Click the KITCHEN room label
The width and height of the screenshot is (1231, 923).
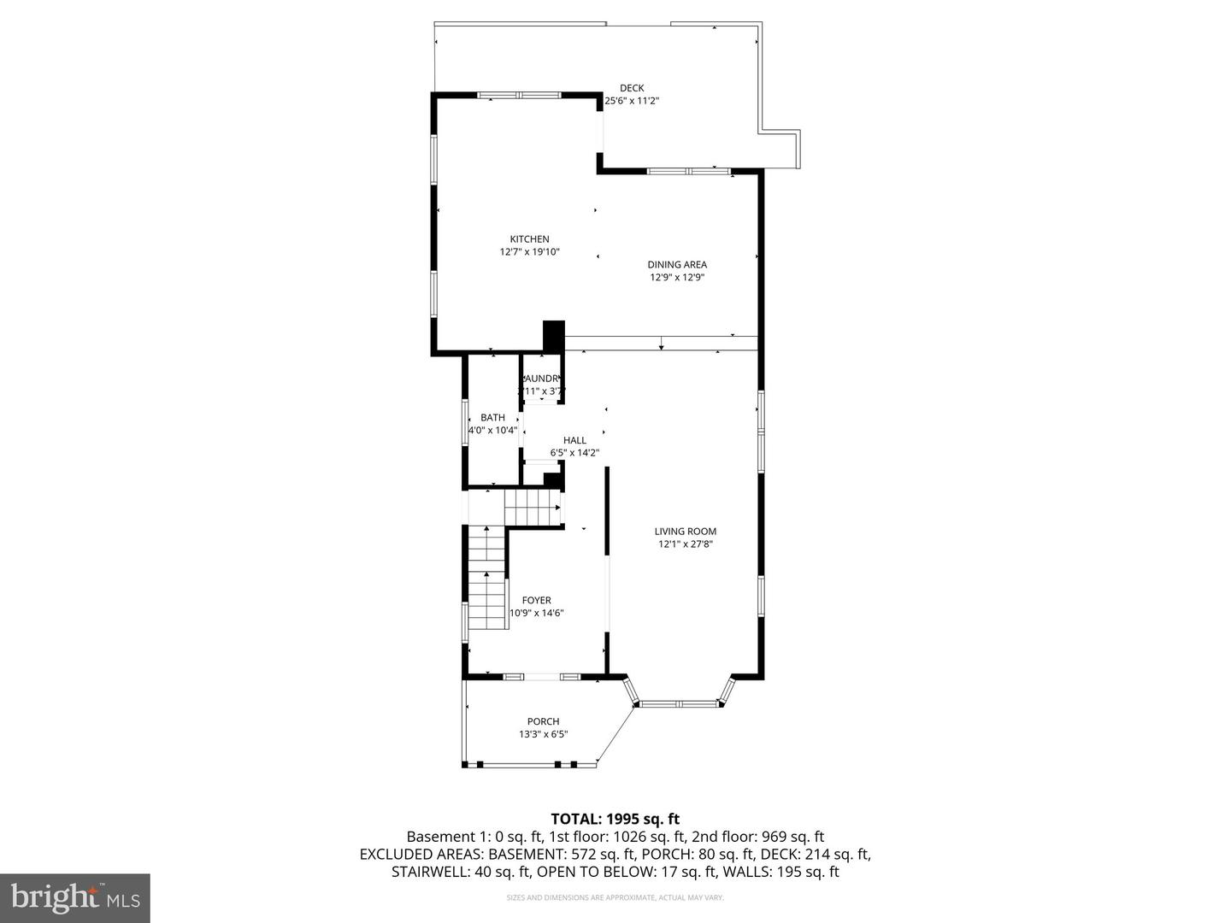tap(529, 239)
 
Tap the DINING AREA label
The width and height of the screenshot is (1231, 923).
tap(677, 265)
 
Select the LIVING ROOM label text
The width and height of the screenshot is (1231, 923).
tap(686, 532)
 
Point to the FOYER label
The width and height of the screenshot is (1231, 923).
tap(537, 601)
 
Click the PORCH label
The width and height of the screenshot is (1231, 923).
tap(543, 722)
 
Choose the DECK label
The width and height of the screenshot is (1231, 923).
tap(632, 88)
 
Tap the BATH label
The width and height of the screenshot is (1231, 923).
tap(492, 418)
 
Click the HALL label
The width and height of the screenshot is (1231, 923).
tap(574, 441)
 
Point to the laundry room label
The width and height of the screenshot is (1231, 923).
tap(541, 379)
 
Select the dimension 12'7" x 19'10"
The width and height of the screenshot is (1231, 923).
tap(529, 252)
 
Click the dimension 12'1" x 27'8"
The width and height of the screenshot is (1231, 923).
tap(686, 544)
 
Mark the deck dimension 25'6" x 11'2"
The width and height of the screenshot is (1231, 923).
tap(633, 101)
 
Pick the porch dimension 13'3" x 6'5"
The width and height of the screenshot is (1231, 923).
tap(543, 735)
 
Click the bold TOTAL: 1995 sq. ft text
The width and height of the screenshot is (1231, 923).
tap(615, 820)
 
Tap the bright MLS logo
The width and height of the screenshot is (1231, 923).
tap(75, 897)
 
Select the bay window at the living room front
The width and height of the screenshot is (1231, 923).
tap(680, 704)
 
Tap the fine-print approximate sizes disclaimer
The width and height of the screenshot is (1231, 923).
tap(615, 897)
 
